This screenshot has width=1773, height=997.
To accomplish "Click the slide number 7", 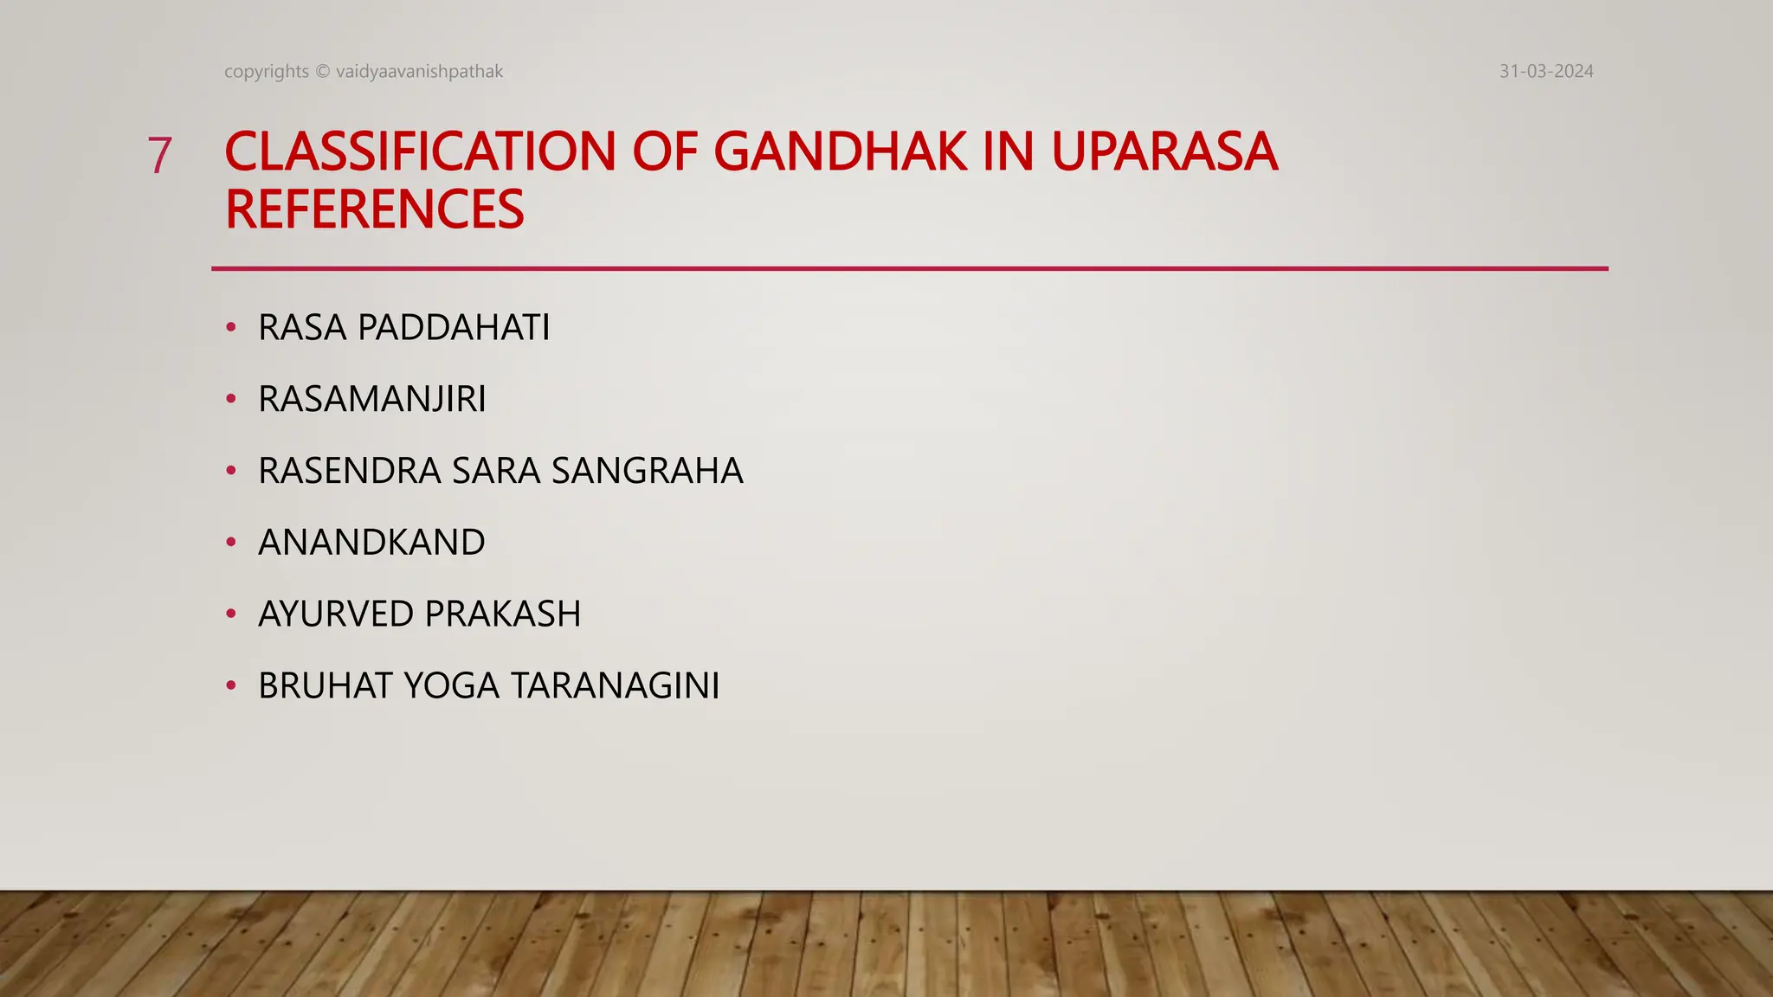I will (159, 156).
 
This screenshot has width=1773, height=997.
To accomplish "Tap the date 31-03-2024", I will (1546, 72).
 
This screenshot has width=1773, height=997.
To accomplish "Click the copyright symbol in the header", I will (322, 72).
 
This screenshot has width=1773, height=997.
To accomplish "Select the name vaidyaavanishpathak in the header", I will (419, 72).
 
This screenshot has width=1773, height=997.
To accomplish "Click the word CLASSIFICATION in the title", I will (420, 152).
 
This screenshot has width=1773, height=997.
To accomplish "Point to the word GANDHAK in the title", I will (840, 152).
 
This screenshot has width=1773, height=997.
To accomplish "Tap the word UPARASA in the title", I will (1164, 152).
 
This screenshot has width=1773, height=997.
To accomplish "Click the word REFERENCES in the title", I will (374, 209).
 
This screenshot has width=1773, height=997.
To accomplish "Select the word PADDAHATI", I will (454, 328).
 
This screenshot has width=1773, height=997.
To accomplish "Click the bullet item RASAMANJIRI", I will (372, 400).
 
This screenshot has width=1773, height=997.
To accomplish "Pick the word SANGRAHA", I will (648, 471).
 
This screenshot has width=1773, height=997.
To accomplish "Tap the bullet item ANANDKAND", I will (371, 543).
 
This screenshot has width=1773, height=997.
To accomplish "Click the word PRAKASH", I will (503, 614).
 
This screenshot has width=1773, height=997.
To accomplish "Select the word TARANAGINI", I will (615, 686).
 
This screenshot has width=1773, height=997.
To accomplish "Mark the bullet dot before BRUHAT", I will (230, 685).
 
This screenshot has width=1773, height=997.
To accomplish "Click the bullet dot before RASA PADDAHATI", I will (230, 327).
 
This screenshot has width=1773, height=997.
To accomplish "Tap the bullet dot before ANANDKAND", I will (230, 542).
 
